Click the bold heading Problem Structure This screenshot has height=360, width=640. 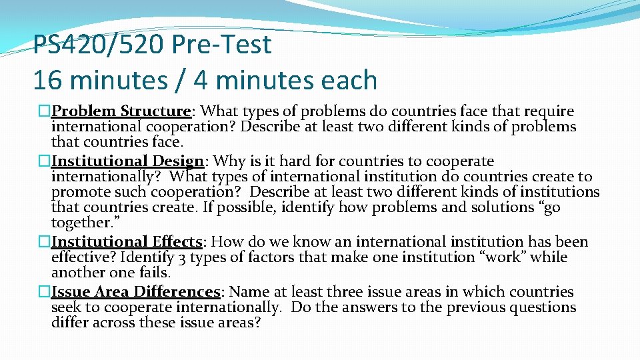pos(122,111)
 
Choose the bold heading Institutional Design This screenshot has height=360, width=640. pos(127,161)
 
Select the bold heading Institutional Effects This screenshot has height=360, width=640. pos(127,242)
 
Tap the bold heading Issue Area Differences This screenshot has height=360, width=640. pos(136,292)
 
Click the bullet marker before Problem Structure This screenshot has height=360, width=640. pos(45,111)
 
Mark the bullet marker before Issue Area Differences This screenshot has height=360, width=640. pos(45,292)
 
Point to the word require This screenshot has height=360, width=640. pos(549,111)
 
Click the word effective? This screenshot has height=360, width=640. pos(80,257)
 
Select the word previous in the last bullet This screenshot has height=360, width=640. pos(475,307)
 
